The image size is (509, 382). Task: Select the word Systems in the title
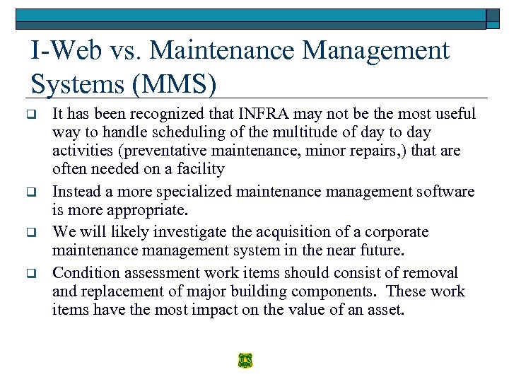click(75, 84)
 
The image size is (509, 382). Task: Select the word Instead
click(76, 192)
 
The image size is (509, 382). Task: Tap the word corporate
click(400, 232)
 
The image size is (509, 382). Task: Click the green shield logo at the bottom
click(245, 360)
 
